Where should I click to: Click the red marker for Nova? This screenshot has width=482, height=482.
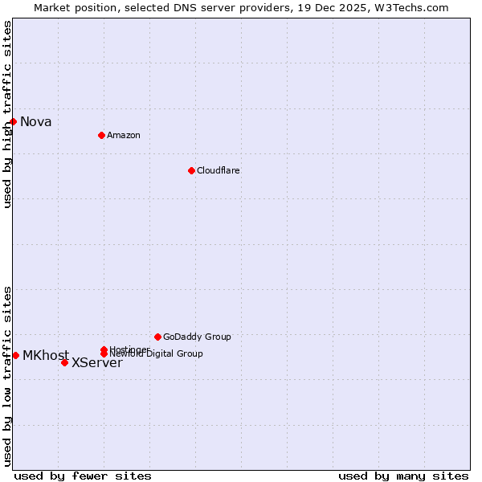click(x=13, y=121)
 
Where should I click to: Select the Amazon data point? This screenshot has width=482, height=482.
click(x=101, y=135)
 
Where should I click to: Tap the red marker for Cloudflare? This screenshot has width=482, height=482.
click(x=191, y=170)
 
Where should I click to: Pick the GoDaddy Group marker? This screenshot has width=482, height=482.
click(x=157, y=337)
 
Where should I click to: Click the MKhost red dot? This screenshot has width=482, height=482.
click(x=15, y=355)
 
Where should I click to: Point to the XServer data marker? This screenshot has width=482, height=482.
click(x=64, y=362)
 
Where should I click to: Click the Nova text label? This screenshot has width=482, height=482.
click(x=36, y=122)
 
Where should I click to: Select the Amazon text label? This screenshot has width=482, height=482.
click(x=123, y=135)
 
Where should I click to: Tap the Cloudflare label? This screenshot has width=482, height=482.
click(x=218, y=170)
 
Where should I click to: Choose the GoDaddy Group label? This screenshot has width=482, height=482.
click(x=197, y=337)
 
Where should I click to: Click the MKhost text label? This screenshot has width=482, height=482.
click(x=45, y=355)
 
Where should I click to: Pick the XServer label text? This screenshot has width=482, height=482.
click(x=97, y=363)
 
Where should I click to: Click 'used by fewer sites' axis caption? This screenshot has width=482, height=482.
click(x=83, y=476)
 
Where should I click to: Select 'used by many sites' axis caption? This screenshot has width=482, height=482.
click(x=403, y=476)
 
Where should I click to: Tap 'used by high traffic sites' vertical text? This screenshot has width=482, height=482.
click(x=7, y=114)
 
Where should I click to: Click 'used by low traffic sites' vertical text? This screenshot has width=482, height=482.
click(x=7, y=376)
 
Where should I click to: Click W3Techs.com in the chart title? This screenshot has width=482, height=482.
click(x=410, y=7)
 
